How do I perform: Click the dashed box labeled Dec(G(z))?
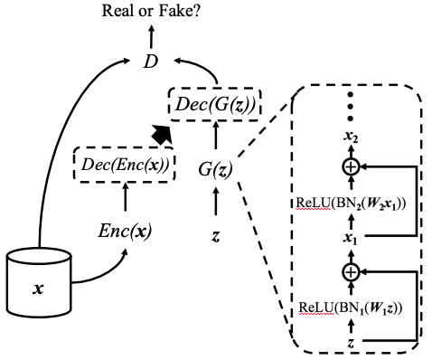point(215,104)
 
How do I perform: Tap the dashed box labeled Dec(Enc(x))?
point(124,166)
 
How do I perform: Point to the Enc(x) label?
point(124,232)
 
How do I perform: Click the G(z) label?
point(215,168)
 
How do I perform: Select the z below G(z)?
point(215,235)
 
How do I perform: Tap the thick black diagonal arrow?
point(161,134)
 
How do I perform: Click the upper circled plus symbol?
point(350,167)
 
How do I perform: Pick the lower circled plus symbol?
point(350,271)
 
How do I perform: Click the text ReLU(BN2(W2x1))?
point(350,202)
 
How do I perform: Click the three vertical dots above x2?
point(350,107)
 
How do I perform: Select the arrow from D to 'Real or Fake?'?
point(151,36)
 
